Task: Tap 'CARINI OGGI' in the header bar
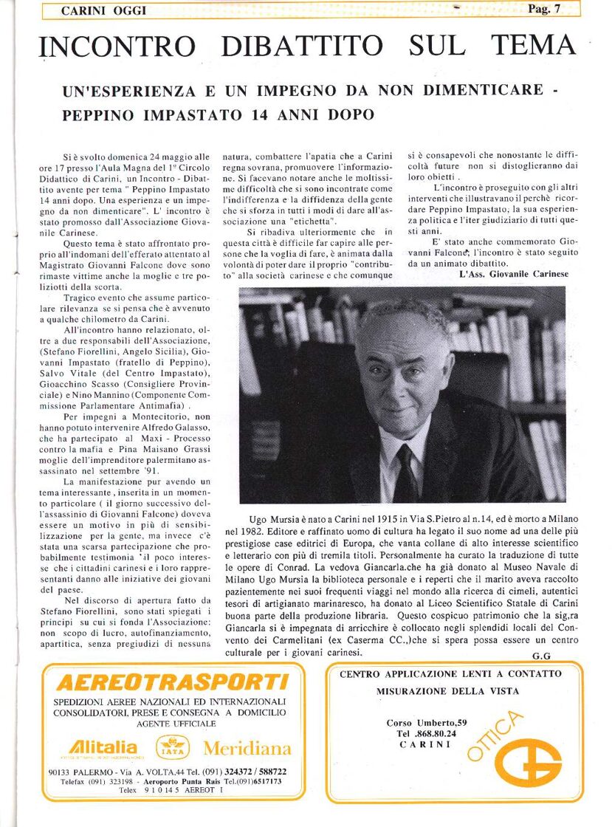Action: (x=103, y=10)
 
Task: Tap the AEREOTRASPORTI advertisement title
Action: (x=172, y=681)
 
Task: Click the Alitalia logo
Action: (x=103, y=747)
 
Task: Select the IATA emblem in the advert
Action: (x=172, y=748)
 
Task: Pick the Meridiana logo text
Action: (x=247, y=748)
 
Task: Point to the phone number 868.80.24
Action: (x=430, y=733)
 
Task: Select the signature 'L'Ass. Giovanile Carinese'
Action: (x=509, y=274)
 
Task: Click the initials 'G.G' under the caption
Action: (x=541, y=656)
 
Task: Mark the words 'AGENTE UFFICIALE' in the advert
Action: (x=169, y=724)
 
